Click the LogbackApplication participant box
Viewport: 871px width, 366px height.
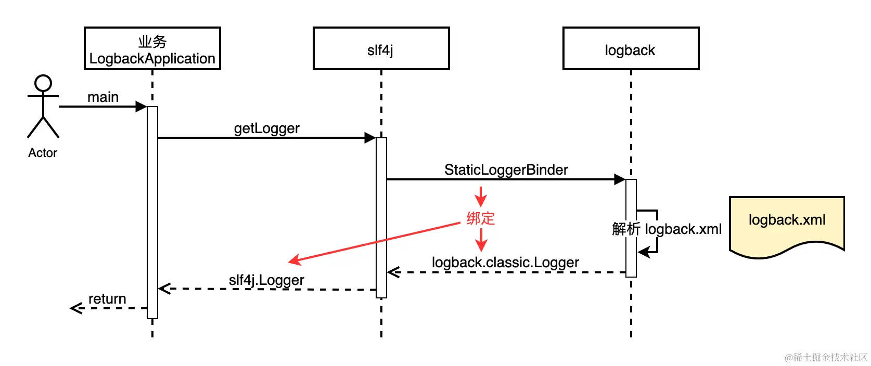tap(152, 48)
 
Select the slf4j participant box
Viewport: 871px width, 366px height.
tap(381, 48)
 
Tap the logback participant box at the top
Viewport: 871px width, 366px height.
tap(631, 48)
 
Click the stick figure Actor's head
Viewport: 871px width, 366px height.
tap(43, 83)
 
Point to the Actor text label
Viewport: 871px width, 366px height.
tap(43, 153)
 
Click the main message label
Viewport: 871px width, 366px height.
tap(103, 97)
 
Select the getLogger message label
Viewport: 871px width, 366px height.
tap(267, 128)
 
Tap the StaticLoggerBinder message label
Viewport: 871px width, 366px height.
tap(506, 170)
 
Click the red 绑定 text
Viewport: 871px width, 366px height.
tap(481, 218)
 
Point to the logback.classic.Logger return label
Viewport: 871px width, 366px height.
tap(506, 263)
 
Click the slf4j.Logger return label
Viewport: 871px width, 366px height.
tap(266, 280)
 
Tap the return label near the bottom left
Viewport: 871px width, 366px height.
tap(107, 299)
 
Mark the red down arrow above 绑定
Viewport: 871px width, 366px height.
tap(481, 197)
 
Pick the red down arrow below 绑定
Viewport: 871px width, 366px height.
tap(481, 240)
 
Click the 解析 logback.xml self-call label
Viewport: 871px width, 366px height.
tap(667, 229)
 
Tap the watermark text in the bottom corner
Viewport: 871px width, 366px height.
tap(826, 357)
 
